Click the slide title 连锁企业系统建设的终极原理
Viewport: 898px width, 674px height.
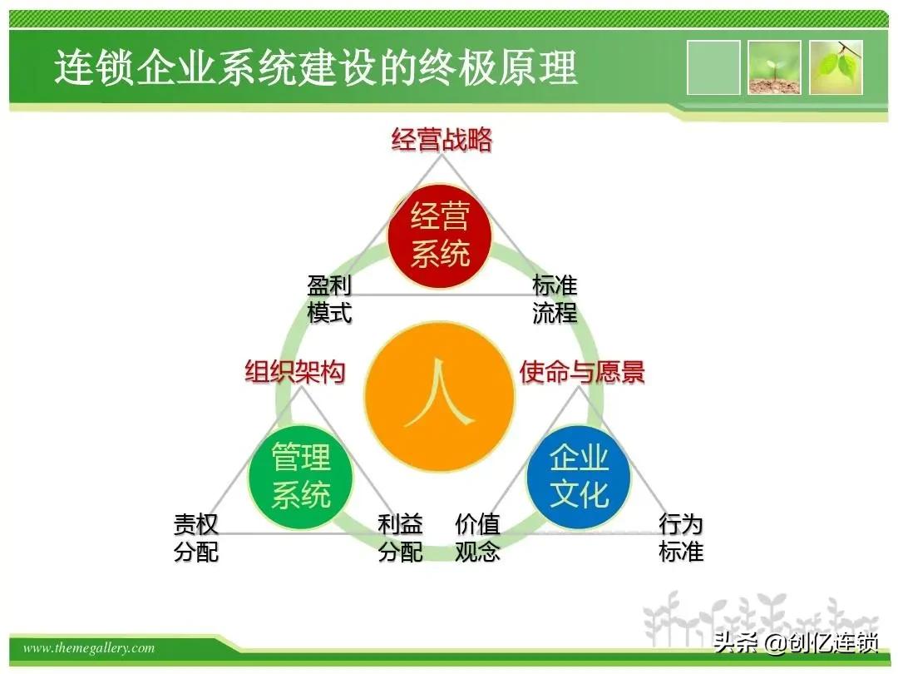(x=316, y=67)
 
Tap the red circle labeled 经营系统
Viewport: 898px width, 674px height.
(x=440, y=235)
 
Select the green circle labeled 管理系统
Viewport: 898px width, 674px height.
(x=301, y=477)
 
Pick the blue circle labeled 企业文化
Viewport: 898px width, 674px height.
(x=579, y=477)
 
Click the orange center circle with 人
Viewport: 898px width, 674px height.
(x=439, y=400)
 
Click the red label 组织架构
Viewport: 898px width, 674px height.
(x=294, y=371)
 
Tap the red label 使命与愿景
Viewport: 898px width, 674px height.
(x=582, y=371)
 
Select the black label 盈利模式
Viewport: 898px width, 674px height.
(x=329, y=300)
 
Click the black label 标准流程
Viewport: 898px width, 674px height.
(x=555, y=300)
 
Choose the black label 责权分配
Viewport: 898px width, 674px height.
(x=196, y=538)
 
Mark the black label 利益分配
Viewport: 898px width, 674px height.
(x=400, y=538)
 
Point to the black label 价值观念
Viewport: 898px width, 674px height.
(x=477, y=538)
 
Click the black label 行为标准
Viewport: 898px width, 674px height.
(x=681, y=538)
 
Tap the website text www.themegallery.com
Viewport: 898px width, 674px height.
(x=89, y=648)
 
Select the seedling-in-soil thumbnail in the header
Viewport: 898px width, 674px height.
(x=774, y=67)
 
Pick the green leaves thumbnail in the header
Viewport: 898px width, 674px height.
(x=836, y=67)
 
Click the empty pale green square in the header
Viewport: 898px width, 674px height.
(x=713, y=67)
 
